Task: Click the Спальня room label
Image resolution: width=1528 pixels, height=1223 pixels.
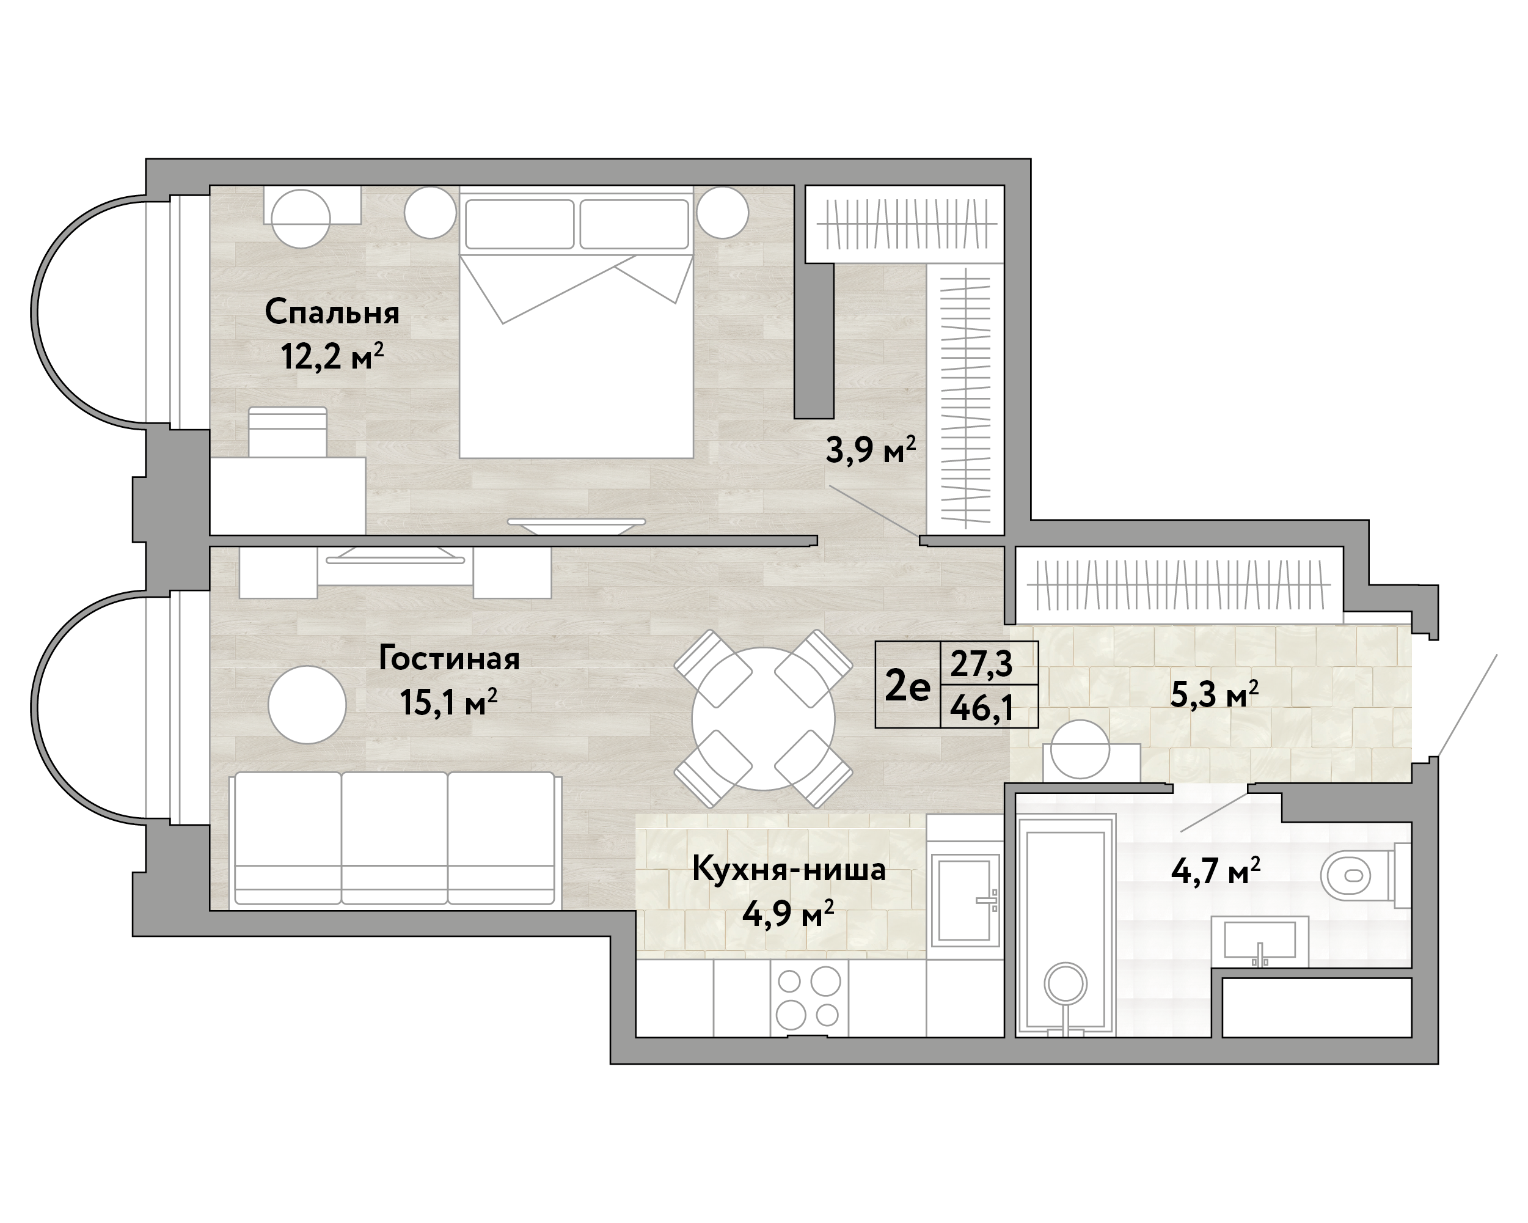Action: click(x=332, y=313)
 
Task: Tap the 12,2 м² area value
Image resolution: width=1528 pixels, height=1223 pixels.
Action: click(x=332, y=356)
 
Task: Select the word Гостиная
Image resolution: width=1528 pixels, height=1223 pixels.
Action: click(x=449, y=659)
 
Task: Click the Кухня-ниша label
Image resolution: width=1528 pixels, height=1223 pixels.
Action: click(x=789, y=869)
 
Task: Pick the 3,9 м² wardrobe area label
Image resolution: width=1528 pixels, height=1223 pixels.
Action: click(x=871, y=449)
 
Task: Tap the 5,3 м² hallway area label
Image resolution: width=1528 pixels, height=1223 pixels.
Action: click(x=1214, y=694)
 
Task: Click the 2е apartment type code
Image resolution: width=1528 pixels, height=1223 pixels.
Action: click(x=908, y=686)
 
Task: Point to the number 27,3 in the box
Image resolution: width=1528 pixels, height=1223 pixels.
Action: click(x=982, y=664)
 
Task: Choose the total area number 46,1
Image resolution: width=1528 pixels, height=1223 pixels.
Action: click(x=982, y=707)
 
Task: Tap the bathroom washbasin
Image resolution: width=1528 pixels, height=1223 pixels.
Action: click(x=1260, y=941)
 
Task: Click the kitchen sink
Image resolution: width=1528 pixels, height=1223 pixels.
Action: click(x=965, y=900)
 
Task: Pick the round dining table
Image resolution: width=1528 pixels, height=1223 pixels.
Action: click(x=763, y=719)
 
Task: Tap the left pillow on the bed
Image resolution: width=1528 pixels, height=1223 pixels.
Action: click(x=519, y=224)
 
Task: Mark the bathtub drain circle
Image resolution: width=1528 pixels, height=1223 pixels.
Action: click(x=1067, y=983)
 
